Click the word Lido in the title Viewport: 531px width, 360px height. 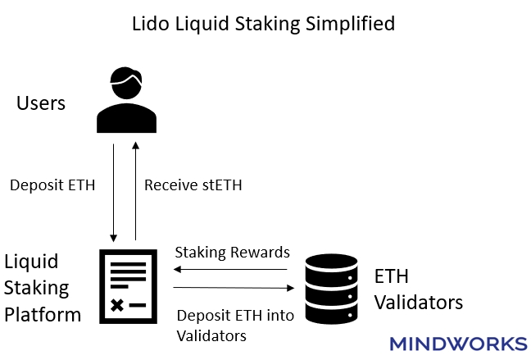click(x=147, y=23)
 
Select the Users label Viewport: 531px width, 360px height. click(x=41, y=104)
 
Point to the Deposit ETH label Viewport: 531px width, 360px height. click(x=52, y=185)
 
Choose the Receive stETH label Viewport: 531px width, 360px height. click(x=193, y=185)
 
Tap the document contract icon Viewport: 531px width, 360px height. click(x=127, y=285)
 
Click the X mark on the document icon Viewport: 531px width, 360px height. click(x=117, y=305)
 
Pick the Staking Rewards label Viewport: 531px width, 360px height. click(x=232, y=252)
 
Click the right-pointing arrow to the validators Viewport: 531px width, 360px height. click(x=234, y=288)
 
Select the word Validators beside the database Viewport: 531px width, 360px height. click(x=418, y=302)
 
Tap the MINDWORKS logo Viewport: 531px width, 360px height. click(x=458, y=343)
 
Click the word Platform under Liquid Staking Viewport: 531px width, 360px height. click(x=42, y=314)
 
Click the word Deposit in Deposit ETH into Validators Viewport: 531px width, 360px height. click(x=202, y=316)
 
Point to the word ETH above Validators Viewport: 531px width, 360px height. click(x=392, y=276)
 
